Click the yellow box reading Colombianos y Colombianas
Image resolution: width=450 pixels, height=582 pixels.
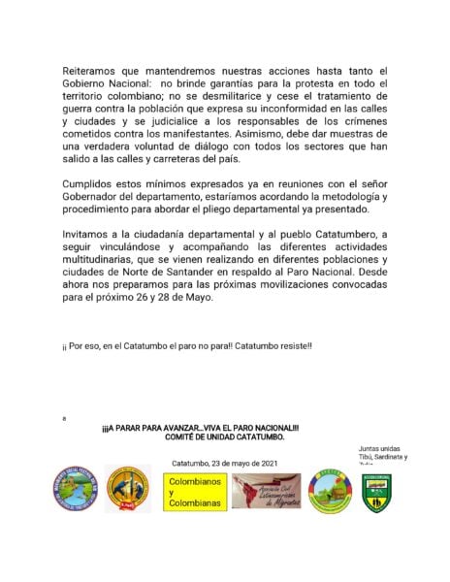(194, 492)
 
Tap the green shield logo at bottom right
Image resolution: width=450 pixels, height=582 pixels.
(376, 492)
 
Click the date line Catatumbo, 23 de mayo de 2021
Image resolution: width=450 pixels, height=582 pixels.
(224, 464)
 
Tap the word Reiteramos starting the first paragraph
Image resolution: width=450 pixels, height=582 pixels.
(94, 73)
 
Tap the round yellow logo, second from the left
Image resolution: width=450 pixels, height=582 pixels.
(126, 492)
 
